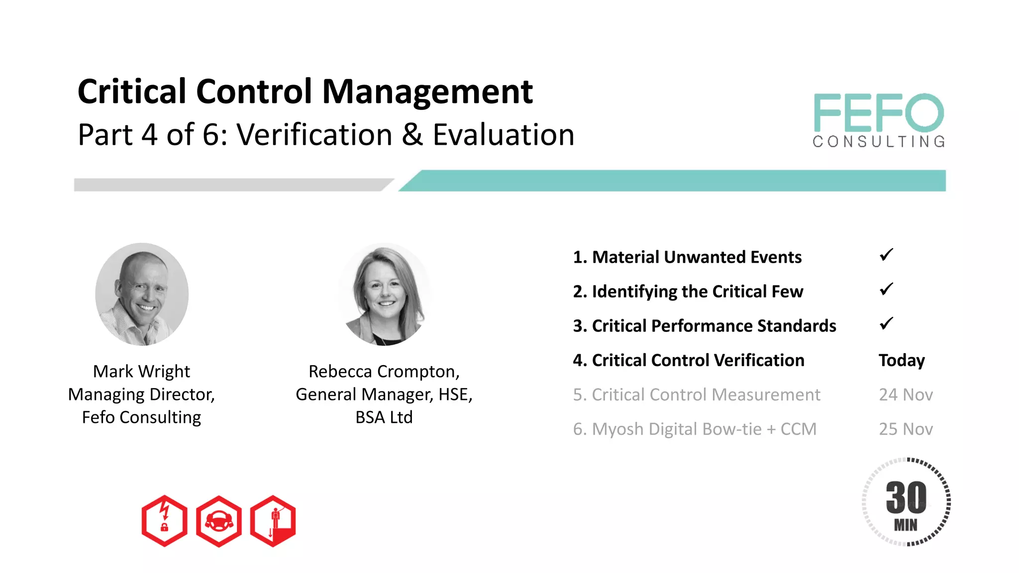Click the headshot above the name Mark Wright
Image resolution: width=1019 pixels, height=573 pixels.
pyautogui.click(x=142, y=294)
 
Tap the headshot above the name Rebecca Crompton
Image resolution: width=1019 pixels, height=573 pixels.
pyautogui.click(x=384, y=294)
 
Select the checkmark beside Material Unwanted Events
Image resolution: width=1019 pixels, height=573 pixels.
pyautogui.click(x=886, y=255)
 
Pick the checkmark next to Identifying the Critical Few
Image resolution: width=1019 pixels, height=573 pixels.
pyautogui.click(x=886, y=289)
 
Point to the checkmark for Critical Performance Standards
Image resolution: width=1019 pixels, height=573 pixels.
pyautogui.click(x=886, y=324)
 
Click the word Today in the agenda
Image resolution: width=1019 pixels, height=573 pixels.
pyautogui.click(x=902, y=360)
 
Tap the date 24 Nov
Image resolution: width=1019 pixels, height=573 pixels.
pyautogui.click(x=906, y=394)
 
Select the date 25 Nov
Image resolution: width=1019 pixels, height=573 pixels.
pyautogui.click(x=906, y=429)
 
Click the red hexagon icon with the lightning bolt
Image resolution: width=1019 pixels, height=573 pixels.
pyautogui.click(x=164, y=521)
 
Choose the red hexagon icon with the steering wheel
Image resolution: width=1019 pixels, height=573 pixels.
pyautogui.click(x=218, y=521)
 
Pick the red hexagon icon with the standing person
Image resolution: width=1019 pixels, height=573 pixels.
pyautogui.click(x=273, y=521)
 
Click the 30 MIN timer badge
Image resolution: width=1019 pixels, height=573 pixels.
pyautogui.click(x=906, y=502)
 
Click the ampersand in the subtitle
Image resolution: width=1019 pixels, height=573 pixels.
pyautogui.click(x=412, y=135)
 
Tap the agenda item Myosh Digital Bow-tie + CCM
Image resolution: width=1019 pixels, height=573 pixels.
pyautogui.click(x=695, y=429)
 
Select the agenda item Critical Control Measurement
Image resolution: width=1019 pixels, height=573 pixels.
pyautogui.click(x=696, y=394)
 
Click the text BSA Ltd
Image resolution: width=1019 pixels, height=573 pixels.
pyautogui.click(x=384, y=417)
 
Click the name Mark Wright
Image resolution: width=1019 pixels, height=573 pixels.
pyautogui.click(x=141, y=371)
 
